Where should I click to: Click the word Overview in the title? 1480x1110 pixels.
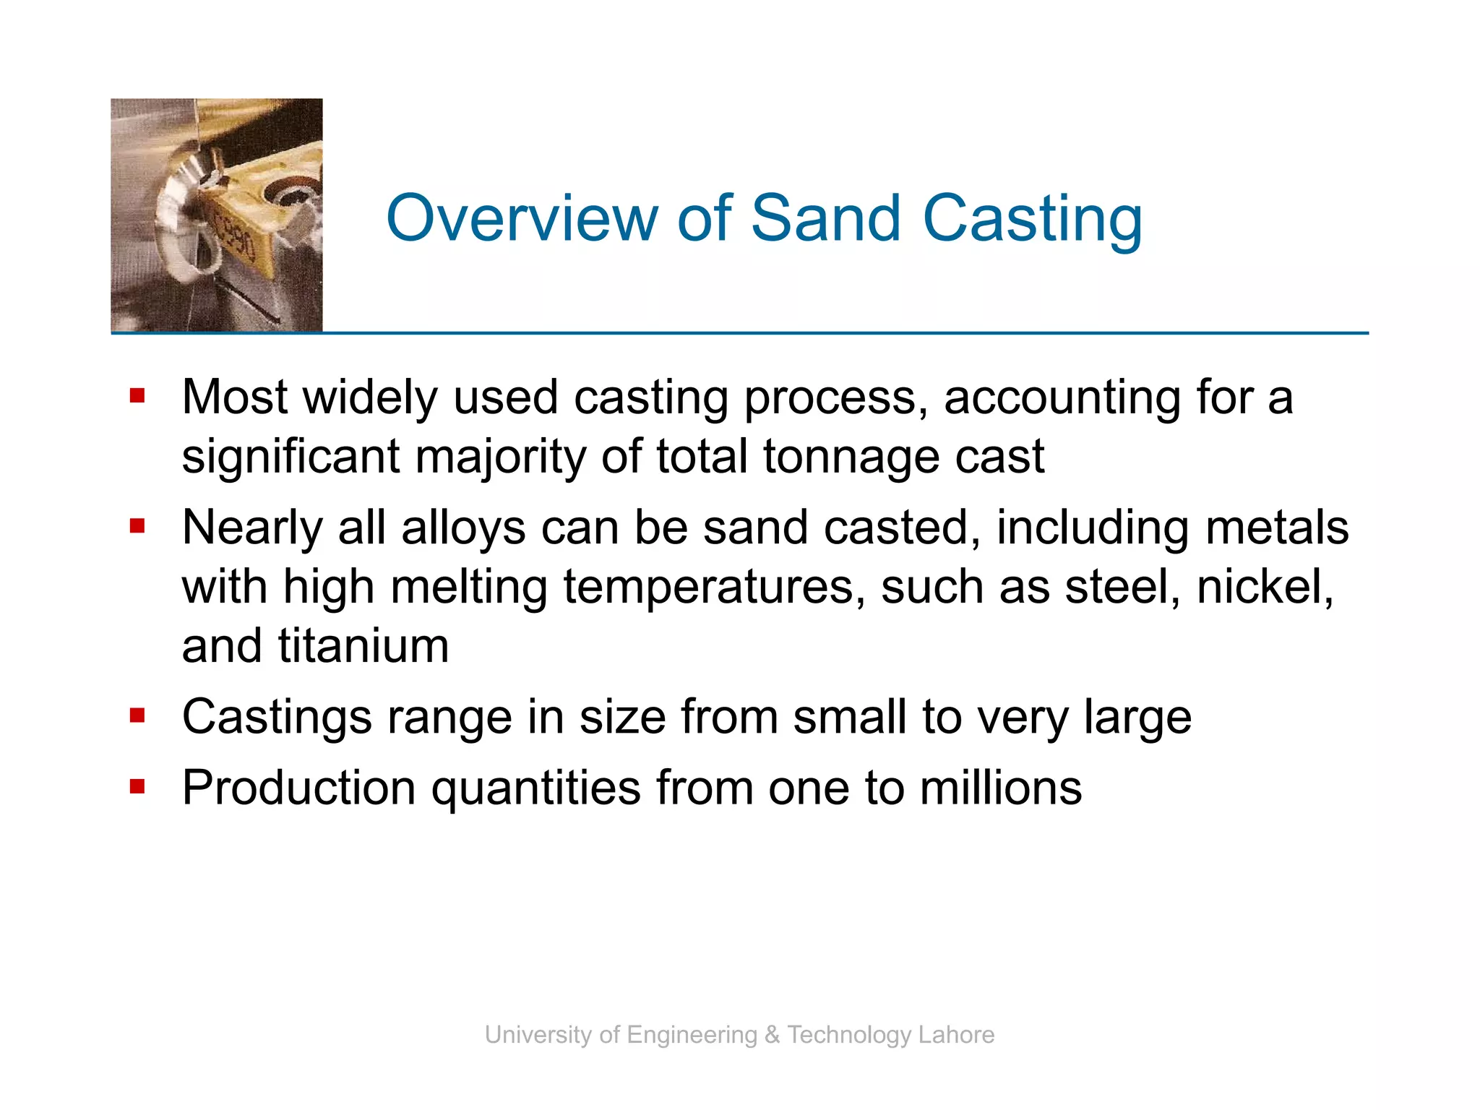[x=522, y=218]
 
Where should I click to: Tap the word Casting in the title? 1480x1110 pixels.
[x=1033, y=220]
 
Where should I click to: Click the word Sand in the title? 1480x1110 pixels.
[x=826, y=218]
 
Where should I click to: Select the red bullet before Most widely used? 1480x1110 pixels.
[x=137, y=396]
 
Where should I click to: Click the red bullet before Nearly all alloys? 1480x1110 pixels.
[x=137, y=526]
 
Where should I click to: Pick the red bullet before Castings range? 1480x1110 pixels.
[x=137, y=715]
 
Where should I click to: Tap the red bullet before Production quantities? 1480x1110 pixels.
[x=137, y=786]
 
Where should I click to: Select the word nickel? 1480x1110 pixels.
[x=1264, y=587]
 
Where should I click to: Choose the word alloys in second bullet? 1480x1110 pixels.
[x=463, y=529]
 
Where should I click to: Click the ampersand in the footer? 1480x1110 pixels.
[x=772, y=1035]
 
